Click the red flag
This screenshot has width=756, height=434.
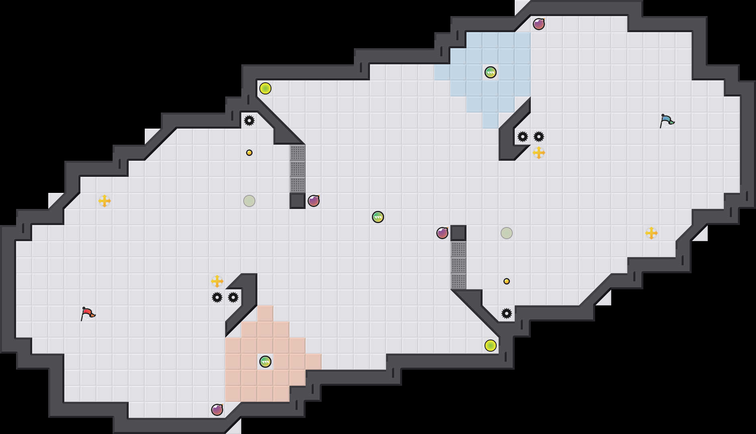[x=88, y=313]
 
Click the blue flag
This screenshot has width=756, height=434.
[x=667, y=121]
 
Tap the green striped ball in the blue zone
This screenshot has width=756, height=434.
[x=491, y=72]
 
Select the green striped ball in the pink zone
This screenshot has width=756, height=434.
[x=265, y=362]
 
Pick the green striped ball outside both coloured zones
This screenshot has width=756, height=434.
[x=378, y=217]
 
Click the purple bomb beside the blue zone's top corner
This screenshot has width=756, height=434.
[x=539, y=24]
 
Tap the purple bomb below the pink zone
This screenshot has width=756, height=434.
[x=217, y=410]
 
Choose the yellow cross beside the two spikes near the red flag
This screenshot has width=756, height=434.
[x=217, y=281]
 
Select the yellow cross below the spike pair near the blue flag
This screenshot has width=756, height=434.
[x=539, y=153]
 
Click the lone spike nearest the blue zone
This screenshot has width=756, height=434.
[x=249, y=121]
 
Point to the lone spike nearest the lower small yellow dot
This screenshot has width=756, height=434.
[x=507, y=313]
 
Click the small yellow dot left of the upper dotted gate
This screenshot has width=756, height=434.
[x=249, y=153]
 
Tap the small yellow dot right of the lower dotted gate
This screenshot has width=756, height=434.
[x=507, y=281]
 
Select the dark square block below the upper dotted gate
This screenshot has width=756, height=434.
[x=298, y=201]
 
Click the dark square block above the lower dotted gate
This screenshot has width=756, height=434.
[x=458, y=233]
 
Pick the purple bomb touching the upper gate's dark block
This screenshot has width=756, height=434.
[x=314, y=201]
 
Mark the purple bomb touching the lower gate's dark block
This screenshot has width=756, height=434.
[x=442, y=233]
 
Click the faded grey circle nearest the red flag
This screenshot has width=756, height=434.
[x=249, y=201]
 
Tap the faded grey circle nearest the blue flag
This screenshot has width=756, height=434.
[x=507, y=233]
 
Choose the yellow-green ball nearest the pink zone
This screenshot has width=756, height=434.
[x=491, y=346]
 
